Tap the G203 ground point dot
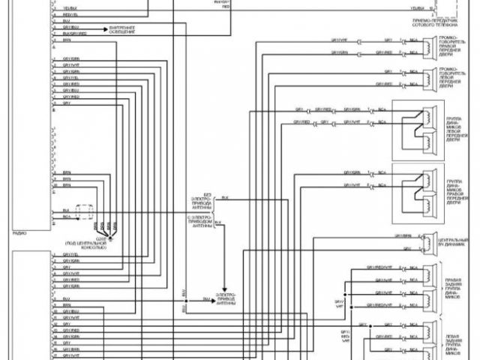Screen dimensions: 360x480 tap(109, 233)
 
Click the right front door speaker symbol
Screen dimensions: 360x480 tap(427, 46)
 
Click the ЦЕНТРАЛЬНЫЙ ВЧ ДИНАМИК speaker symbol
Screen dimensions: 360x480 tap(425, 241)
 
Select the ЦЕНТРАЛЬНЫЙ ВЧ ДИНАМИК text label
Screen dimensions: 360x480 tap(451, 242)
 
